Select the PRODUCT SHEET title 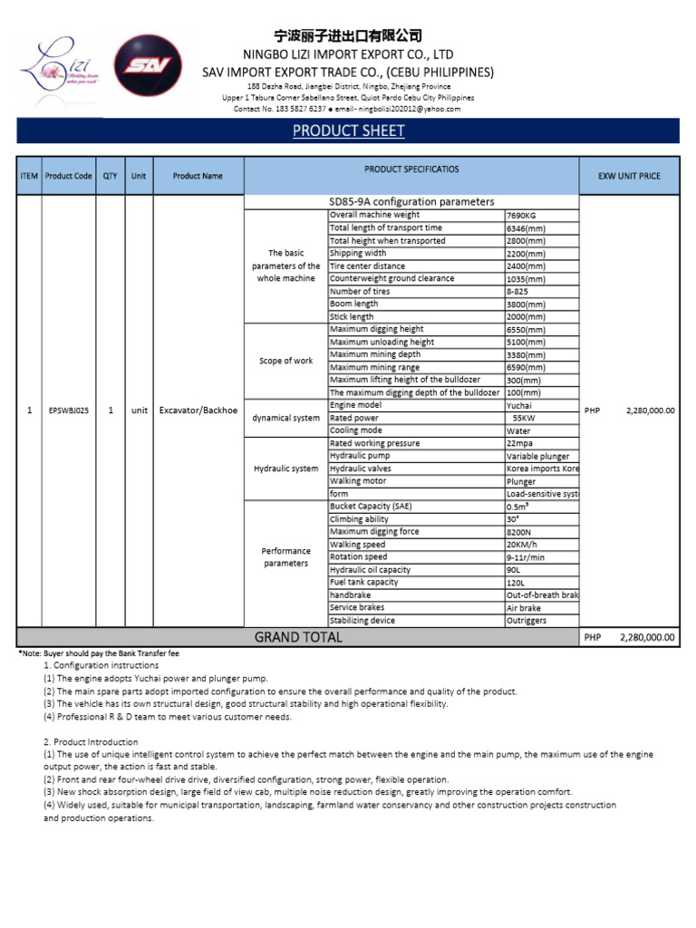tap(348, 131)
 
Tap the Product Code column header tap(69, 176)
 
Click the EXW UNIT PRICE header tap(629, 176)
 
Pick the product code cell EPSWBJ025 tap(69, 411)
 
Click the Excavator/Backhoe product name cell tap(198, 411)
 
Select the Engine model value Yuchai tap(519, 406)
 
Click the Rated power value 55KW tap(524, 419)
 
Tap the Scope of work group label tap(286, 361)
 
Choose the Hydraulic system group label tap(286, 469)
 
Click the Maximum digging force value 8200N tap(520, 532)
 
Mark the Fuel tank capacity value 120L tap(516, 583)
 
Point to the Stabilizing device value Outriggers tap(527, 621)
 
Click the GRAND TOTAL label tap(298, 637)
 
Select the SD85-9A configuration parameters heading tap(411, 201)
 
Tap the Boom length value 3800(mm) tap(527, 304)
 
